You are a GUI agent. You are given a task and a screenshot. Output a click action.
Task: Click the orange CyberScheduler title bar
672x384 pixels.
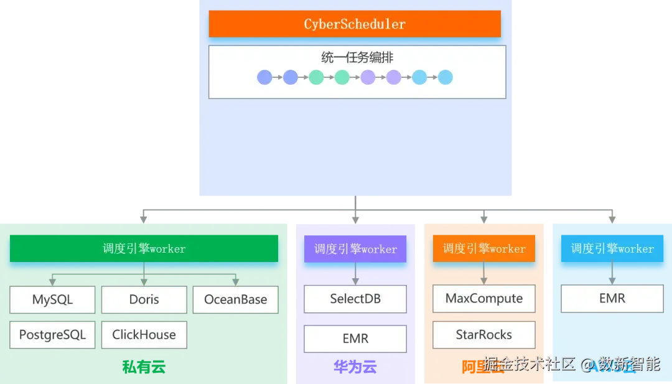tap(355, 24)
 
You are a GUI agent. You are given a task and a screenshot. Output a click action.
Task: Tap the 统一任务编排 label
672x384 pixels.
tap(357, 57)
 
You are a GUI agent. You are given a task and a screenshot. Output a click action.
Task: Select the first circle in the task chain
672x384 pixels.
tap(264, 77)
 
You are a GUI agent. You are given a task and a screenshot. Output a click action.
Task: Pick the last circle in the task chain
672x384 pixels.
tap(445, 77)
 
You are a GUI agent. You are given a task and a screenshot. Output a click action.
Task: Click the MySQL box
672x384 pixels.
tap(52, 299)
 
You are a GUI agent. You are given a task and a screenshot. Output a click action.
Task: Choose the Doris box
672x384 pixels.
tap(144, 299)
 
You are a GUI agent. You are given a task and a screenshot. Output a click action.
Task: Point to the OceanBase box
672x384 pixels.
tap(235, 299)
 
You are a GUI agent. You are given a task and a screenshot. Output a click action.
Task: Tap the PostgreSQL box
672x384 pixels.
tap(52, 335)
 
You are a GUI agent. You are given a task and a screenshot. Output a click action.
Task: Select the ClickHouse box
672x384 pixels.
tap(144, 335)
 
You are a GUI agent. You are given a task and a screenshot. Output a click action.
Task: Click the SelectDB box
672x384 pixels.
tap(355, 299)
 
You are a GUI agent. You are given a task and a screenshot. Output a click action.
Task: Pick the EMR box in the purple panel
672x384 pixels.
tap(355, 339)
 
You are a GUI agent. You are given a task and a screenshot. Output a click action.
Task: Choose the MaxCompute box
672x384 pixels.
tap(484, 299)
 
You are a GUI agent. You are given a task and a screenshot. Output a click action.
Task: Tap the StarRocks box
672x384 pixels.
tap(484, 335)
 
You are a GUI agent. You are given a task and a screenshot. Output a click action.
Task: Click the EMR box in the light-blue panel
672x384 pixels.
tap(612, 299)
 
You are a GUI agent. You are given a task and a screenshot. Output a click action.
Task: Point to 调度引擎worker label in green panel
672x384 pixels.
tap(144, 248)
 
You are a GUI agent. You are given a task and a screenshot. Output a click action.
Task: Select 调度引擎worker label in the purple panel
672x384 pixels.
tap(355, 249)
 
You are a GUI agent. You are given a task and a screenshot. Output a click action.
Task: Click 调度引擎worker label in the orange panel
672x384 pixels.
tap(484, 248)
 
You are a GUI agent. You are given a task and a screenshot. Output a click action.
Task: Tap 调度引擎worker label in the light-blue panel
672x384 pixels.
tap(612, 248)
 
